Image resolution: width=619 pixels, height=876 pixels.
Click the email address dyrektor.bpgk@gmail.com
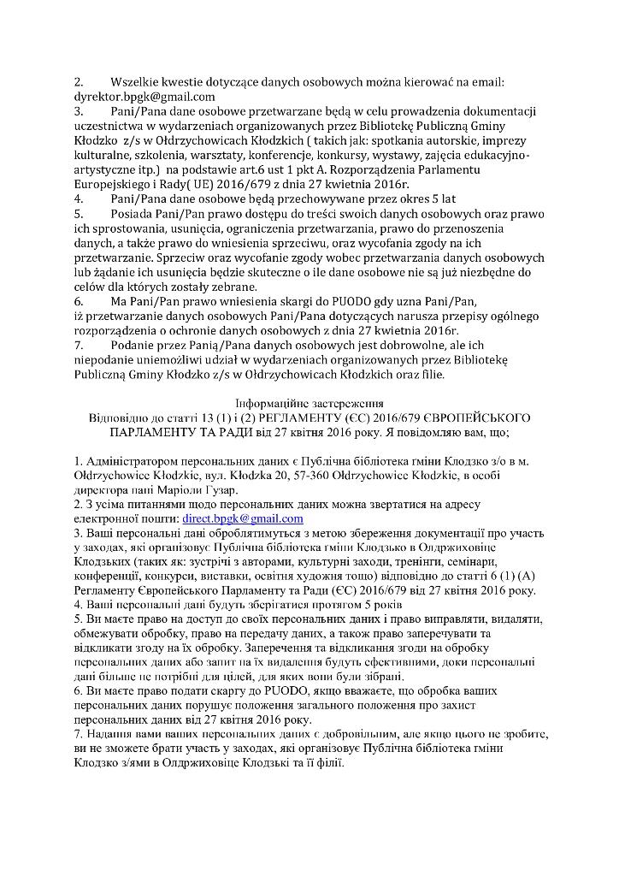(144, 97)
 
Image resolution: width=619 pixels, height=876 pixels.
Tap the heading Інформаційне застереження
(309, 402)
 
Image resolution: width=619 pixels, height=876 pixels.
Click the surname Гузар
(219, 489)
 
